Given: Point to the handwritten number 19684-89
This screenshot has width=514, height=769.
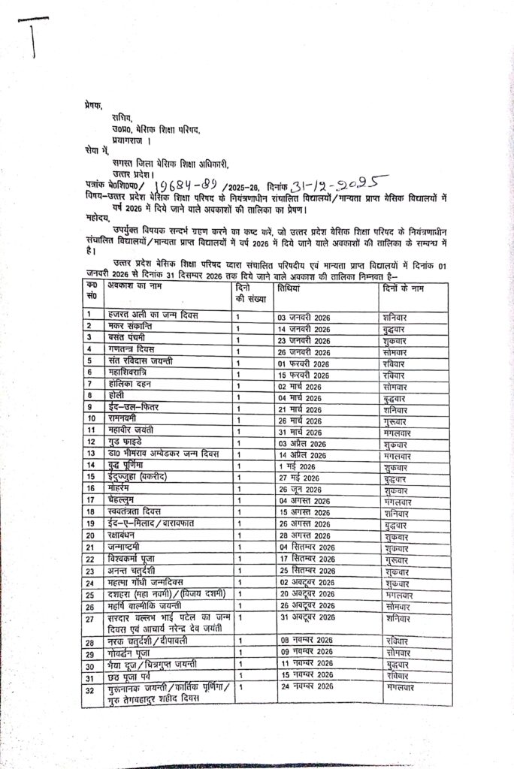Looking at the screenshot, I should point(183,187).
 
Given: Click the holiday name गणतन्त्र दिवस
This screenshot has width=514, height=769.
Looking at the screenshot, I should point(135,348).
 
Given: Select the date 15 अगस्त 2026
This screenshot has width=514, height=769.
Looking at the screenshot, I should point(304,513).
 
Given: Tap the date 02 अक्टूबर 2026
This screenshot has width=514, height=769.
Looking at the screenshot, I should point(307,582).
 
